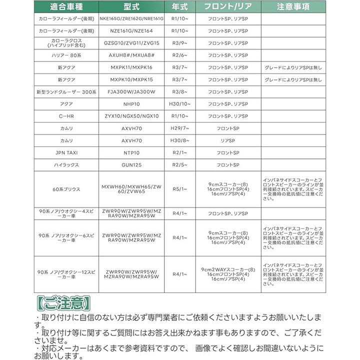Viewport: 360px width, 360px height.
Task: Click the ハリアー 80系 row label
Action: (x=66, y=55)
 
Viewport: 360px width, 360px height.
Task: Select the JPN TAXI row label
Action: (x=66, y=152)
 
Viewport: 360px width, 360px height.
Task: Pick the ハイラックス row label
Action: (x=66, y=164)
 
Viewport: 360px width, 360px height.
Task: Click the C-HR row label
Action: (x=66, y=116)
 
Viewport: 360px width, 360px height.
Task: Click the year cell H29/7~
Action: (x=180, y=128)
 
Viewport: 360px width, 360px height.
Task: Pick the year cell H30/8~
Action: (x=180, y=140)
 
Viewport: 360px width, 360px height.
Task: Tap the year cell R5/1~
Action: (x=180, y=189)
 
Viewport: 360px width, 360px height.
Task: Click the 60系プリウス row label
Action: (x=66, y=189)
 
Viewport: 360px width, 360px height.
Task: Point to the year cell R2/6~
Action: (x=180, y=55)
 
